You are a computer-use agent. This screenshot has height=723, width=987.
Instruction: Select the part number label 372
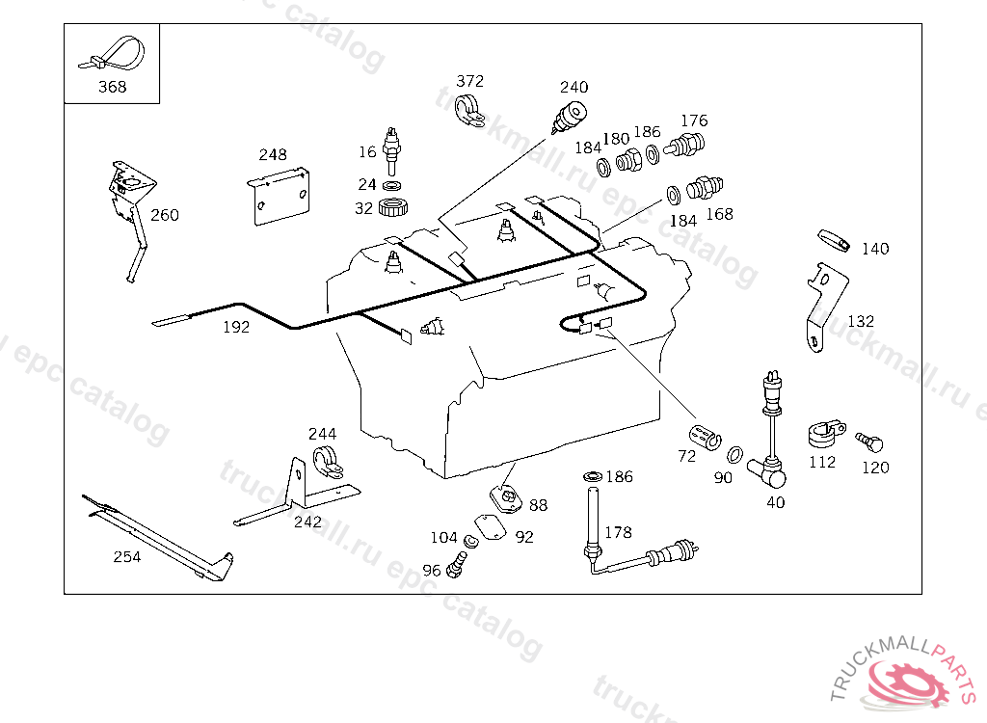pos(469,81)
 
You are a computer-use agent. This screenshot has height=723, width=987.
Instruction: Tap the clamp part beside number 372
pos(470,109)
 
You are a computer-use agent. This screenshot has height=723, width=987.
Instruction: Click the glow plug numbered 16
pos(392,149)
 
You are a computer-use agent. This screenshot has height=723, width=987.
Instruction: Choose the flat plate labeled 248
pos(280,196)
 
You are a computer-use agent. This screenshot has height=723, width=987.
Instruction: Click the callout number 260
pos(165,215)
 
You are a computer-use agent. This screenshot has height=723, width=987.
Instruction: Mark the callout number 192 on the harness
pos(236,327)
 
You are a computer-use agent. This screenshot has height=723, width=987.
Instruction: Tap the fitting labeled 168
pos(708,187)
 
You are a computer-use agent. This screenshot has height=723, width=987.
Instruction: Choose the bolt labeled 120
pos(870,442)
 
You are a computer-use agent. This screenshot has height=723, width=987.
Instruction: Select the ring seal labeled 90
pos(734,453)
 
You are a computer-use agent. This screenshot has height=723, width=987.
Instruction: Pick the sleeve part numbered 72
pos(706,433)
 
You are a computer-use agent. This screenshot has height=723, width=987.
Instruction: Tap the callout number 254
pos(126,556)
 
